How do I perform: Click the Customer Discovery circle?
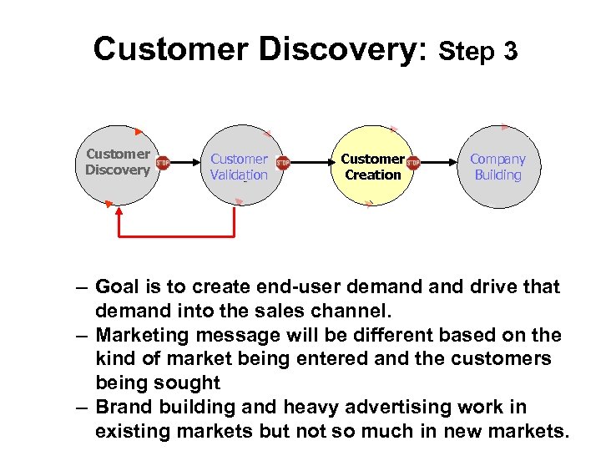tap(117, 164)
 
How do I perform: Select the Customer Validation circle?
tap(239, 166)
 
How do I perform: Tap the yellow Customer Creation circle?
tap(372, 166)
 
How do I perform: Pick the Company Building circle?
tap(497, 166)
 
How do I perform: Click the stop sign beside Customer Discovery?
tap(163, 163)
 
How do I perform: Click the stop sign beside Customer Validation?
tap(283, 163)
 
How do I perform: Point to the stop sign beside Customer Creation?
tap(412, 163)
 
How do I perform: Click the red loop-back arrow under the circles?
tap(176, 236)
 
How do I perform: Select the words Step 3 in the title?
tap(478, 52)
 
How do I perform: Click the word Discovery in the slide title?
tap(344, 48)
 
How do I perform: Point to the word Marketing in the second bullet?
tap(140, 336)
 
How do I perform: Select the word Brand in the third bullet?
tap(123, 408)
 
